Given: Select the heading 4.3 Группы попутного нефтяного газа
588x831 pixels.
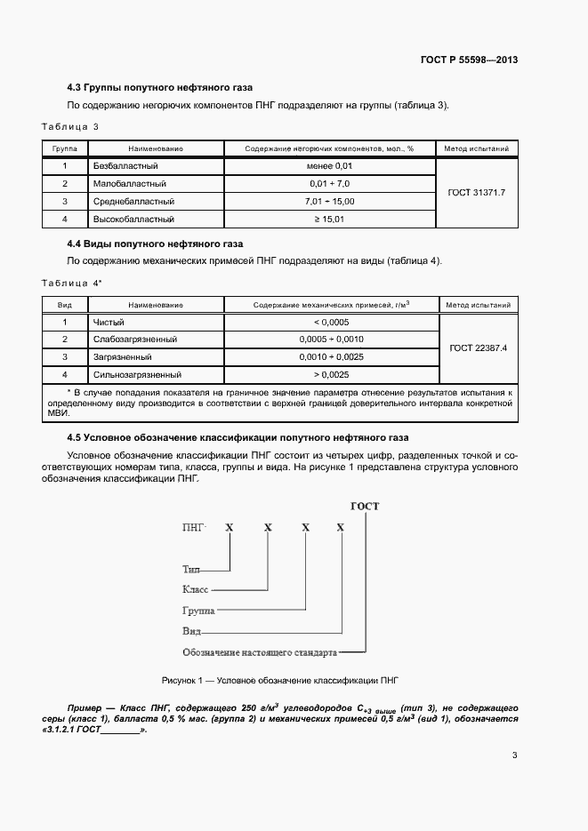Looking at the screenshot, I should [x=160, y=88].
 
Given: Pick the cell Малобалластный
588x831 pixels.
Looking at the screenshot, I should [x=130, y=183].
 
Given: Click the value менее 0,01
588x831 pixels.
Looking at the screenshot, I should [x=330, y=165].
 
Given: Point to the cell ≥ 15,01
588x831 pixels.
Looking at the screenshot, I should [x=330, y=219].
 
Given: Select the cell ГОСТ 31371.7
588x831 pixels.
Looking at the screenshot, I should [x=477, y=192].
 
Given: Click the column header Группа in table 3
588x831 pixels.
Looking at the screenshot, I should [x=65, y=148].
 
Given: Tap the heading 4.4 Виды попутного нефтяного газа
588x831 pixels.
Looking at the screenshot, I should [x=156, y=244].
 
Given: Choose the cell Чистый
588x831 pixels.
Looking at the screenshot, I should [x=109, y=322].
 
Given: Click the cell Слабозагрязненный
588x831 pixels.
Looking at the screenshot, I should [x=135, y=340].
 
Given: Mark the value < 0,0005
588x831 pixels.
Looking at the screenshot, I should [x=331, y=322].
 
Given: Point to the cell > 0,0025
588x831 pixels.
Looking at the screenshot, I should [x=331, y=375].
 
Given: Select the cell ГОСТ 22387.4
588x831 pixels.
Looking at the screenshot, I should [x=479, y=348].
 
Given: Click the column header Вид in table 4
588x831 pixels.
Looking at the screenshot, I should [x=65, y=305].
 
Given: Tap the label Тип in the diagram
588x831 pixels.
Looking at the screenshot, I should [x=191, y=569].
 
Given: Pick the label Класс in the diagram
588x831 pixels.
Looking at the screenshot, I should [x=196, y=589].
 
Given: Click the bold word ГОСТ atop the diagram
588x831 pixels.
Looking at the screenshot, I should [x=365, y=507].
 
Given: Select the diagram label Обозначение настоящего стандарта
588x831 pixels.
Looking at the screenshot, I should [x=260, y=652].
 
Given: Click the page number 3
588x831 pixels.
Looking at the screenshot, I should [x=514, y=755].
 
